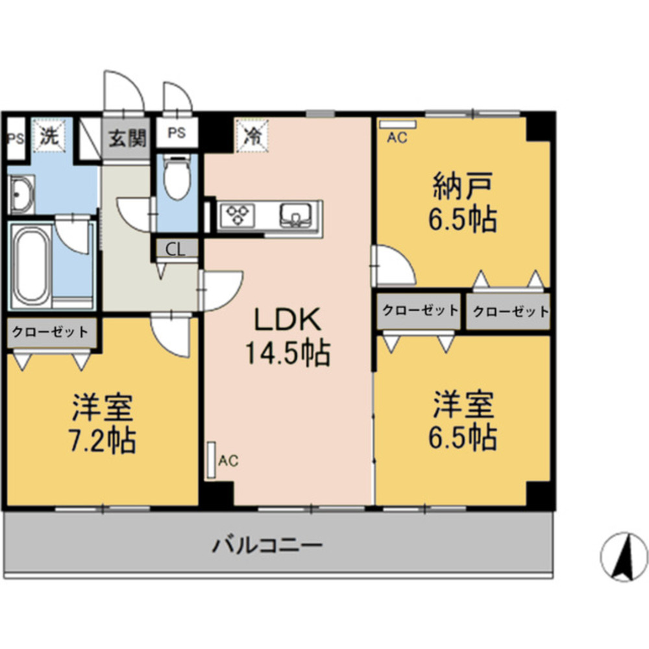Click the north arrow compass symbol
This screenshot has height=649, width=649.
tap(624, 556)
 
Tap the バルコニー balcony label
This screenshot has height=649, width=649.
tap(267, 543)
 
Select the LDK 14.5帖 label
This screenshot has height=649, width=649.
tap(287, 336)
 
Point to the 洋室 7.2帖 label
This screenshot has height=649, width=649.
tap(102, 423)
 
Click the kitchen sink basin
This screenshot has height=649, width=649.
tap(297, 214)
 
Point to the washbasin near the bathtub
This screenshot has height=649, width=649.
tap(21, 194)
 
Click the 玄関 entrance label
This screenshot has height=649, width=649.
tap(127, 138)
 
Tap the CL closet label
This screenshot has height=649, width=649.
tap(175, 249)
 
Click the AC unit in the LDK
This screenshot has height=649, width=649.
tap(211, 461)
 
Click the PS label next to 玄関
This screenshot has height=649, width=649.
tap(177, 133)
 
